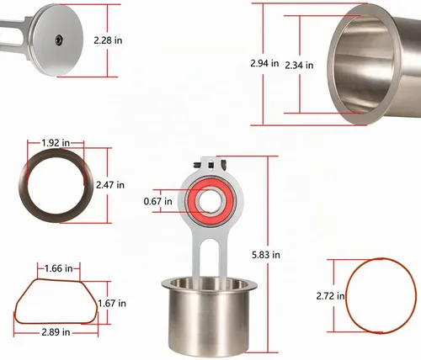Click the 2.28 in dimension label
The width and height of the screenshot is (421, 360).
point(108,40)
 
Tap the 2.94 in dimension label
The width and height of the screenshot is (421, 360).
point(264,63)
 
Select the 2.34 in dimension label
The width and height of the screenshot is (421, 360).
point(299,66)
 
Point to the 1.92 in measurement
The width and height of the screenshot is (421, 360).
point(56,143)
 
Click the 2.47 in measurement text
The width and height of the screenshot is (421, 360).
point(110,185)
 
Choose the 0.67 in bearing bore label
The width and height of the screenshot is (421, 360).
point(157,201)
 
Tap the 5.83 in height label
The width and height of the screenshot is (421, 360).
point(266,255)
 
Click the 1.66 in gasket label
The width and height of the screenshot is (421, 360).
point(59,268)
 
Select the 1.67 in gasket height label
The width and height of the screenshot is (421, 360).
point(112,304)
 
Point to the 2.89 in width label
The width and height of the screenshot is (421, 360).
point(56,332)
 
